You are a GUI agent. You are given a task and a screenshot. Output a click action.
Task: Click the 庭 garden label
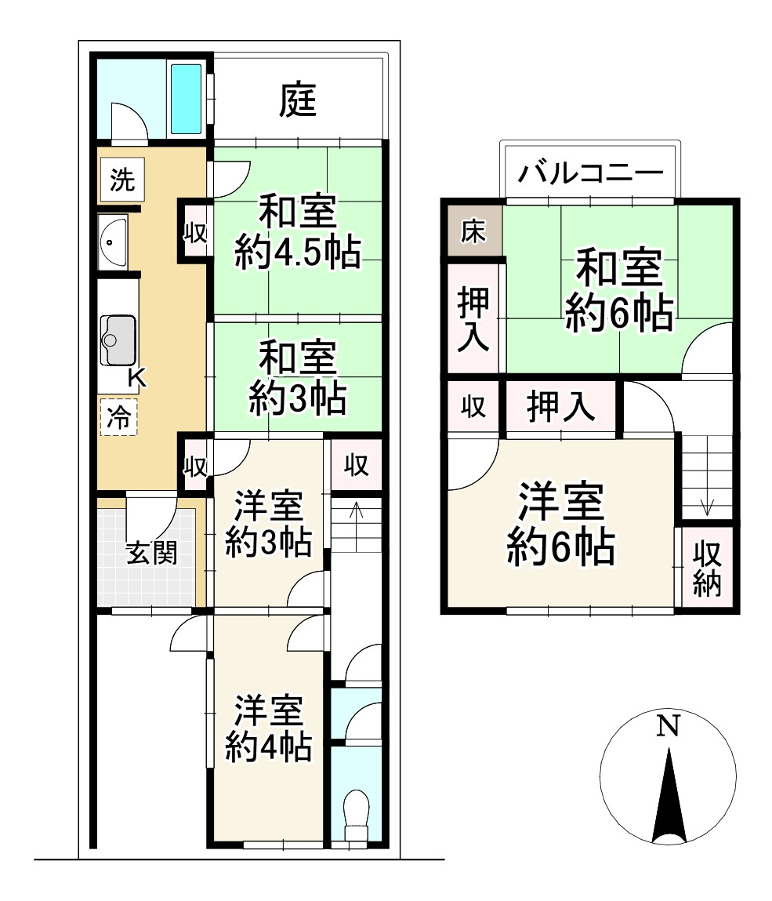pos(299,100)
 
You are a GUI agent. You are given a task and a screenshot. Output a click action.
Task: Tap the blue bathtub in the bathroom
pos(187,99)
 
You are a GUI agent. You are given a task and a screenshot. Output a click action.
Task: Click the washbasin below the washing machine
pos(114,240)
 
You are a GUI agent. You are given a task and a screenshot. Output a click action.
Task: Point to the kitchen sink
pos(118,340)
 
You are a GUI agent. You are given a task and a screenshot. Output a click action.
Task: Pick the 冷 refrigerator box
pos(118,416)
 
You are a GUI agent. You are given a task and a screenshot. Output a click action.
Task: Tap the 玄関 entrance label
pos(151,553)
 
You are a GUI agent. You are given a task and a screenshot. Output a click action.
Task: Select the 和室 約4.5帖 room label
pos(298,232)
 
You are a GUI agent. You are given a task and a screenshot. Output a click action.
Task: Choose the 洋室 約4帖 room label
pos(269,728)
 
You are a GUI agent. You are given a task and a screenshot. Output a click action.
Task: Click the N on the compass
pos(667,727)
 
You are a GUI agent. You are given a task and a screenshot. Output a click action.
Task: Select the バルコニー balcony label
pos(589,173)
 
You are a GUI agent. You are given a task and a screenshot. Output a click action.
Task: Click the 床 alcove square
pos(473,233)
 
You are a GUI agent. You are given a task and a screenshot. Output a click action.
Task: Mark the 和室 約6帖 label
pos(618,291)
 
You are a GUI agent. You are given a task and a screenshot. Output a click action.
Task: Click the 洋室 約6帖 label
pos(560,525)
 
